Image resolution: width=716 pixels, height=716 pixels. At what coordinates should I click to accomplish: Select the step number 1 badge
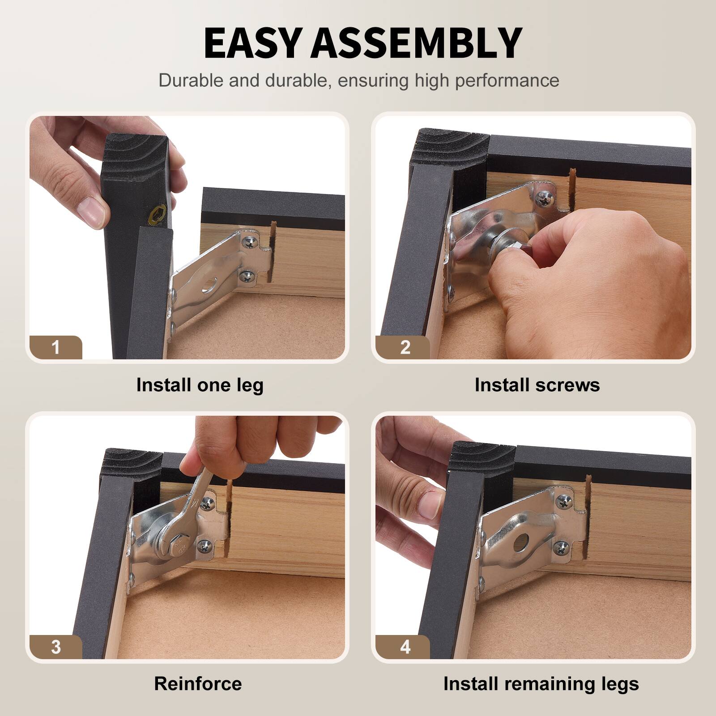coord(55,347)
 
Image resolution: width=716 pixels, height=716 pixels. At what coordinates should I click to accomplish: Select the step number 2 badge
coord(405,347)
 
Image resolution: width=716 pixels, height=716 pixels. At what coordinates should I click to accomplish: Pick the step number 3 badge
coord(55,647)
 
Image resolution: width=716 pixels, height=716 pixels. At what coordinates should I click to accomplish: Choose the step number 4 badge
coord(405,647)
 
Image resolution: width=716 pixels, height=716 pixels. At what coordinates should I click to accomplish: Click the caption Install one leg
coord(200,385)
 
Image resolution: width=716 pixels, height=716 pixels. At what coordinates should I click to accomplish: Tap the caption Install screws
coord(537,385)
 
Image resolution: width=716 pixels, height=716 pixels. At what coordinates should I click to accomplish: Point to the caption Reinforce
coord(198,684)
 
